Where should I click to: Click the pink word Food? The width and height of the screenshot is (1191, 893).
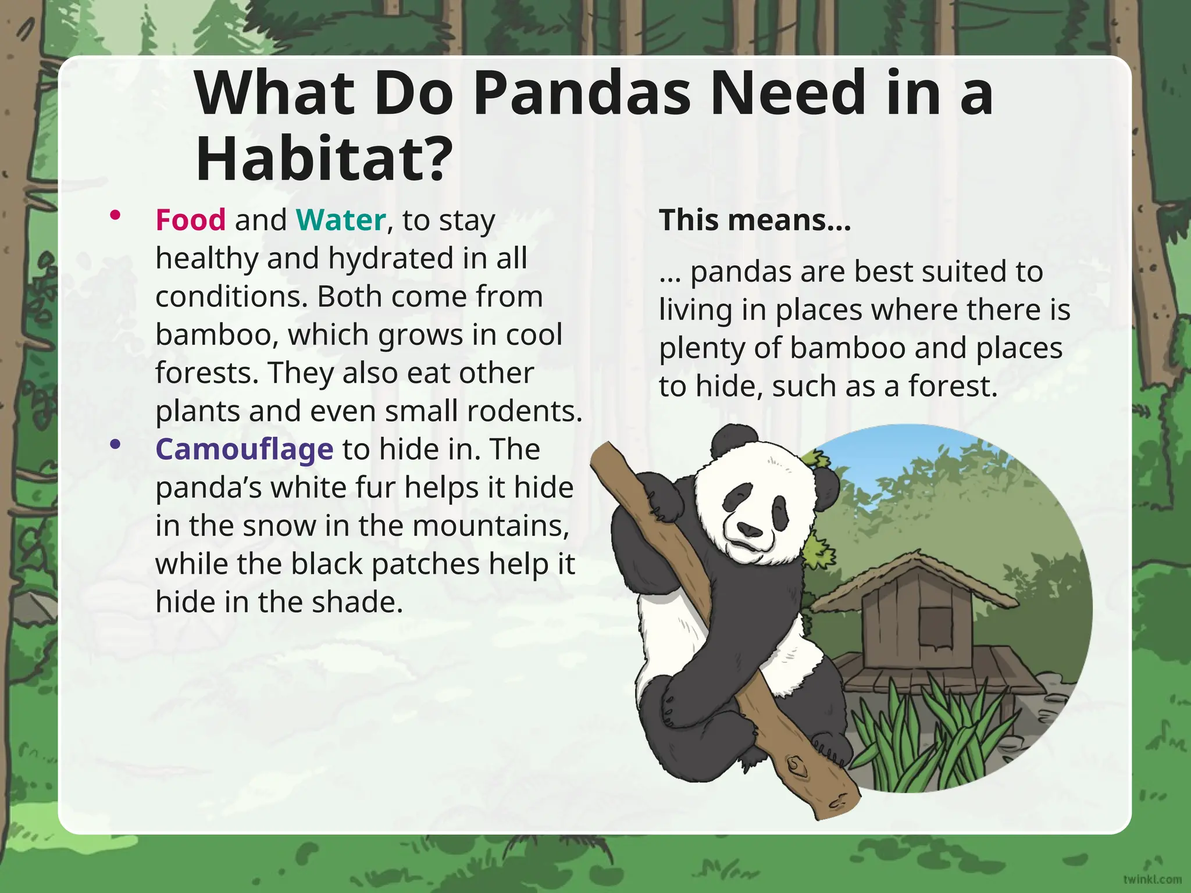[190, 220]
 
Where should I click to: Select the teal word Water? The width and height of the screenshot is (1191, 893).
[341, 220]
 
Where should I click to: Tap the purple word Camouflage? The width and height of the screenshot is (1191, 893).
[244, 449]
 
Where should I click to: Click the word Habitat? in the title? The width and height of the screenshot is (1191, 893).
[324, 159]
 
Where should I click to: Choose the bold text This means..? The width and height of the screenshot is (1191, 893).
[754, 220]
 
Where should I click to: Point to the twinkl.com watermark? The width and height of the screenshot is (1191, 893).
[1152, 879]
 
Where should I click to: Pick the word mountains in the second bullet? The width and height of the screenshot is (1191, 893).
[491, 526]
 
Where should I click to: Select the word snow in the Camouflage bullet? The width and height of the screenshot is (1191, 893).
[279, 526]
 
